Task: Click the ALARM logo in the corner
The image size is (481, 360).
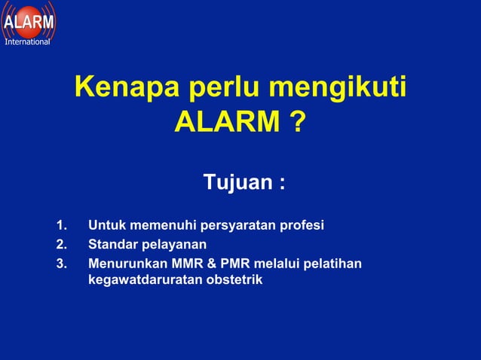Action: (28, 20)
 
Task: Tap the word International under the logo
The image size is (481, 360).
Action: (27, 42)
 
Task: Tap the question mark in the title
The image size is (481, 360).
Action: (297, 121)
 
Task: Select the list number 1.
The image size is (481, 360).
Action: (61, 225)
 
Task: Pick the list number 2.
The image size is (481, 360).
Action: (61, 244)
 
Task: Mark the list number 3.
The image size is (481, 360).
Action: (61, 263)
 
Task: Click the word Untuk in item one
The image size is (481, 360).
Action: (106, 225)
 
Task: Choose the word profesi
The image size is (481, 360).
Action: (302, 225)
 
